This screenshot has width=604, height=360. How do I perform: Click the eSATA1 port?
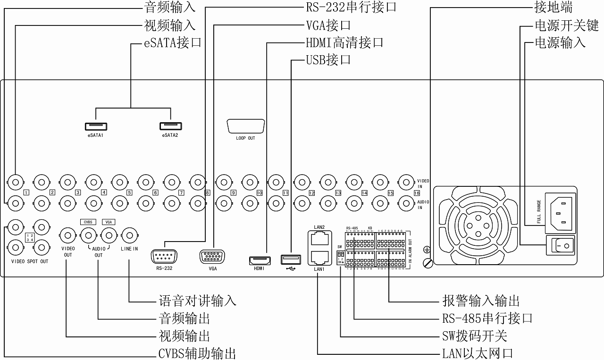[x=96, y=126]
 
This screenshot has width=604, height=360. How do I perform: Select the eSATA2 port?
[x=170, y=126]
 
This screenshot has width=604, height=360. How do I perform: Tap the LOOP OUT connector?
[x=245, y=126]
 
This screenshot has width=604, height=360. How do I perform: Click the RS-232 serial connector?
[x=163, y=257]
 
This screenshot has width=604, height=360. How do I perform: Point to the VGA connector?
[x=212, y=257]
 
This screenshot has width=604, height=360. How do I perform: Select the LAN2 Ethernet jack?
[x=319, y=239]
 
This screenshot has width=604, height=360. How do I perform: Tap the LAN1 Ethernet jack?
[x=319, y=257]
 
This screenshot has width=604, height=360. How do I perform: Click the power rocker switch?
[x=560, y=245]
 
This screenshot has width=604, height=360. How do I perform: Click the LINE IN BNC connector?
[x=129, y=234]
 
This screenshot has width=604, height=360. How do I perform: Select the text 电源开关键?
[x=560, y=25]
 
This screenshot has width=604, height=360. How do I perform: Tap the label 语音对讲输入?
[x=197, y=301]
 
